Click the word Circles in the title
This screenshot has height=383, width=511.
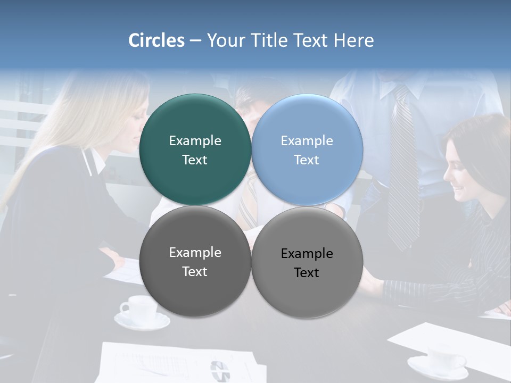point(156,40)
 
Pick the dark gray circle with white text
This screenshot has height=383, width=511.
point(195,287)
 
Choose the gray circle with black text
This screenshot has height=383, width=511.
point(307,290)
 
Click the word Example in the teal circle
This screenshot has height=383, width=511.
point(195,140)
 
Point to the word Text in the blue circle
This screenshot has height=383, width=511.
point(307,160)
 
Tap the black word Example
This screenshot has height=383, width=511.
point(307,253)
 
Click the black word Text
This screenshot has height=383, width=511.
point(307,272)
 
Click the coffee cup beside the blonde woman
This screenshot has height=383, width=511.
point(139,309)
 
